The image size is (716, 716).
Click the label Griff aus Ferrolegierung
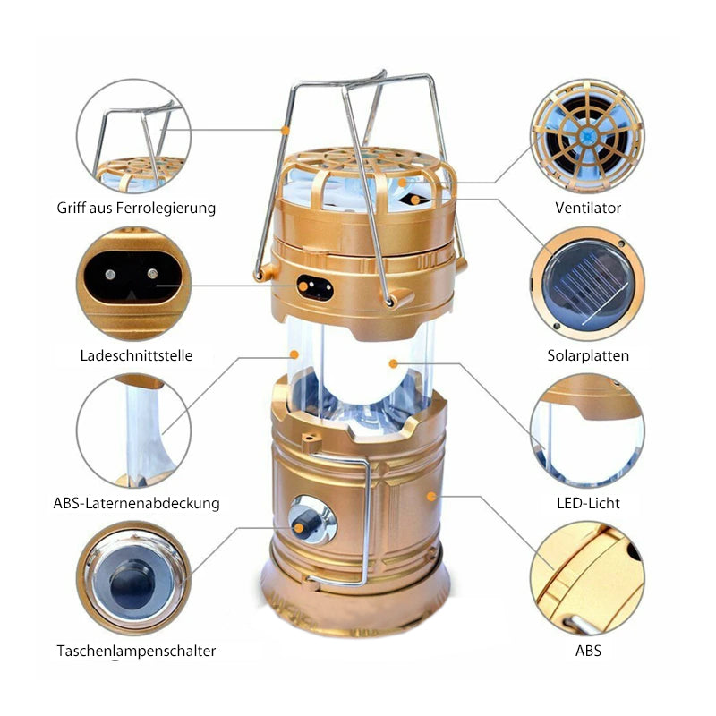pos(136,208)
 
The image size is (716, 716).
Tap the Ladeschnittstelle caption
pos(136,355)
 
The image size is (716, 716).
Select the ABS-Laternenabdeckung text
pos(136,503)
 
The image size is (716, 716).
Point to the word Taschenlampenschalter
pos(136,651)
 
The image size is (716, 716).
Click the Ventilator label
pos(588,208)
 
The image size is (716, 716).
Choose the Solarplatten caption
pos(588,355)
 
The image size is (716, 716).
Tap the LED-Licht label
pos(588,503)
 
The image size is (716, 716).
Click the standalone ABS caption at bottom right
pos(588,651)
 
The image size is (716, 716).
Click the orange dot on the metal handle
pos(286,131)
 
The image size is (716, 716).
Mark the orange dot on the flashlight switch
pos(299,528)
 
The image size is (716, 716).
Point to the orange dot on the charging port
pos(303,286)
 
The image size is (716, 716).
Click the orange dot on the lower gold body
pos(431,497)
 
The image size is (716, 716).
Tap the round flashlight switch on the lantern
pos(312,521)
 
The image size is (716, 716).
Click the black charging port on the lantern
pos(315,287)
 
